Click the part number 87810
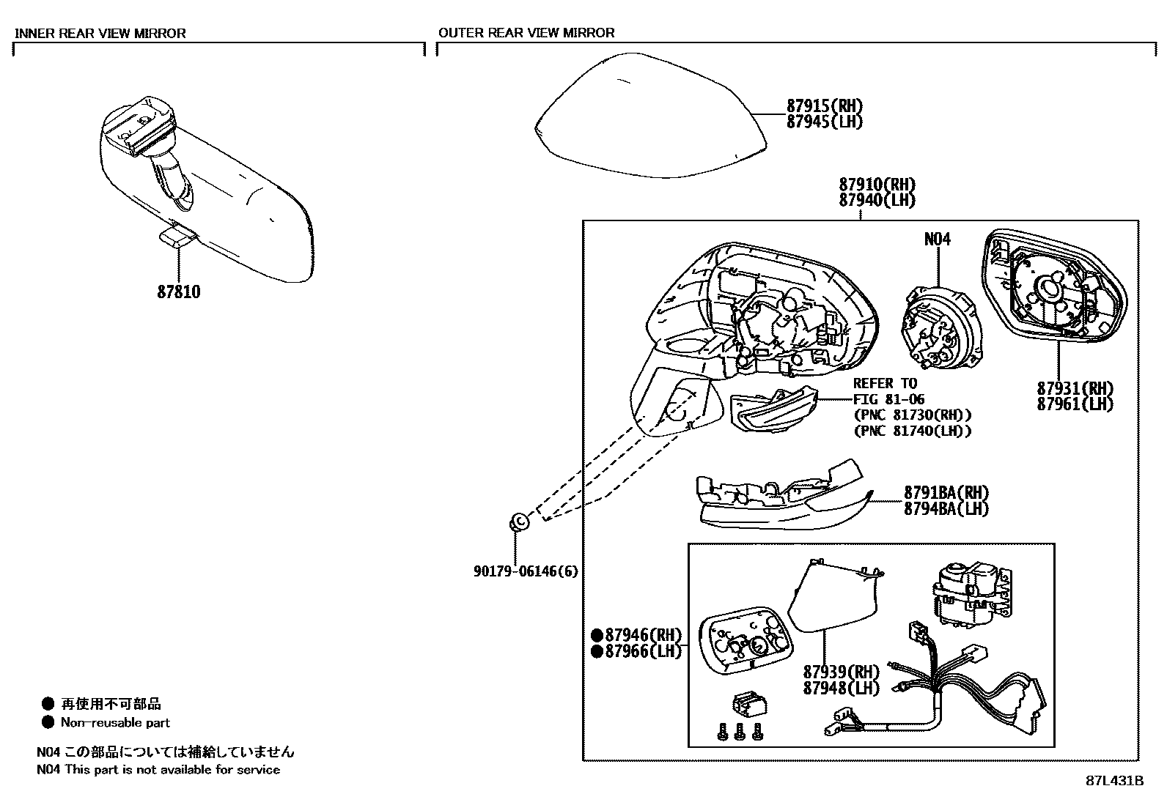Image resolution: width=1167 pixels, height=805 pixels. pos(178,292)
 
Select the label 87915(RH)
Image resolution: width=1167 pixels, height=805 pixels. pos(824,106)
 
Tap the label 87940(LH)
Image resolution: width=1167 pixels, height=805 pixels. pos(877,200)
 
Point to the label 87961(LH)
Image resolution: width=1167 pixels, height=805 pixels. pos(1075,404)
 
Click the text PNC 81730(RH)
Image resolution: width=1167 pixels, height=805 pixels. pos(912,415)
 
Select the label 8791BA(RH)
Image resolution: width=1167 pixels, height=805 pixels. pos(946,492)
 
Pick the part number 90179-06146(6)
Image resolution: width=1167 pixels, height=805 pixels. pos(525,571)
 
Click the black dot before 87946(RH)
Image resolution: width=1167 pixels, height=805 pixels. pos(597,635)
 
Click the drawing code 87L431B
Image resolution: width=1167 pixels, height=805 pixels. pos(1114,781)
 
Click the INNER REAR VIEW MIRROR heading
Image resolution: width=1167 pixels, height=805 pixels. pos(100,33)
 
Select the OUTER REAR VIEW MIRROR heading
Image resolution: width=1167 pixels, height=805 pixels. pos(526,33)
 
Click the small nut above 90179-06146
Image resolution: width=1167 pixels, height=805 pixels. pos(519,522)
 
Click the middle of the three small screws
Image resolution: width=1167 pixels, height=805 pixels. pos(739,730)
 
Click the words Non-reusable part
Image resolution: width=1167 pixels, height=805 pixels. pos(115,723)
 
